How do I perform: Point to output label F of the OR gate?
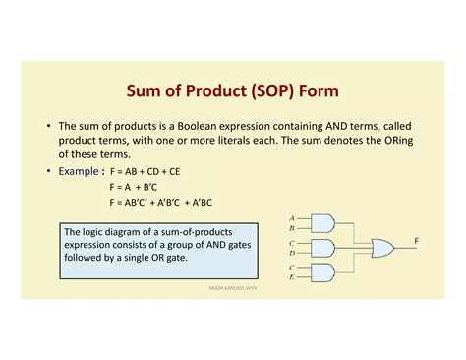pyautogui.click(x=417, y=242)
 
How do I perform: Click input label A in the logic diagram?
pyautogui.click(x=292, y=218)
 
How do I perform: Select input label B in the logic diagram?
pyautogui.click(x=292, y=229)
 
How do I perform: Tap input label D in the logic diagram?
pyautogui.click(x=292, y=254)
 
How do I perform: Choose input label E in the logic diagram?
pyautogui.click(x=292, y=278)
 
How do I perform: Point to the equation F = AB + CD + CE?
pyautogui.click(x=151, y=171)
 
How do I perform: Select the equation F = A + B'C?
pyautogui.click(x=137, y=186)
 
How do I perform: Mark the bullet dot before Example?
pyautogui.click(x=49, y=171)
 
